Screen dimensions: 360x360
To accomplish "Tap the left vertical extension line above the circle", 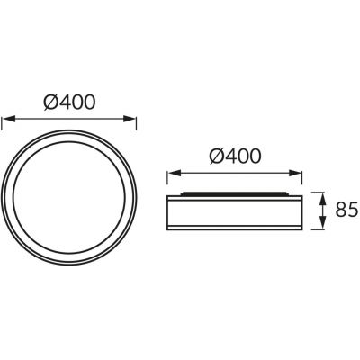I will [x=3, y=130].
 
